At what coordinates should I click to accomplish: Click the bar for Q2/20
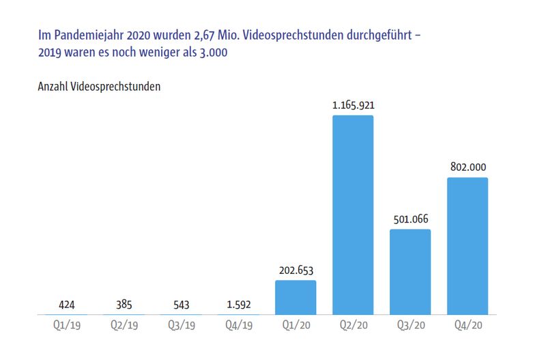pos(353,214)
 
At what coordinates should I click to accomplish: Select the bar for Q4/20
pos(468,246)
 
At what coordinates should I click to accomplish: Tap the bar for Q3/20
pos(410,272)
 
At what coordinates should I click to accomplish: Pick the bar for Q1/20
pos(296,297)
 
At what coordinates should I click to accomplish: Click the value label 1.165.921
pos(353,105)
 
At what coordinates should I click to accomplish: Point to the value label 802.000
pos(468,167)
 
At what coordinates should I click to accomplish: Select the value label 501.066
pos(410,219)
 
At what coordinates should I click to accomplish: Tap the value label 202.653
pos(296,270)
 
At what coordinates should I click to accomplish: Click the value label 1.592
pos(238,304)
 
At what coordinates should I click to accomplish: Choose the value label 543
pos(181,304)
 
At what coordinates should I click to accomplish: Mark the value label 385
pos(124,304)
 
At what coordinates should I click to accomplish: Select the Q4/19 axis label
pos(238,326)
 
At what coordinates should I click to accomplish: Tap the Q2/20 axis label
pos(353,326)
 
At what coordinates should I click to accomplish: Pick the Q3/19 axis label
pos(181,326)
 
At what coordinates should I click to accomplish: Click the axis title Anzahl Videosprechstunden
pos(98,87)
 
